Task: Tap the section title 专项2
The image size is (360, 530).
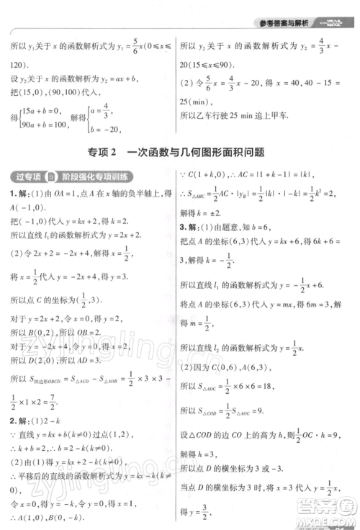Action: coord(103,152)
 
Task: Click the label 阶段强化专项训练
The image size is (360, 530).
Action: coord(96,178)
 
